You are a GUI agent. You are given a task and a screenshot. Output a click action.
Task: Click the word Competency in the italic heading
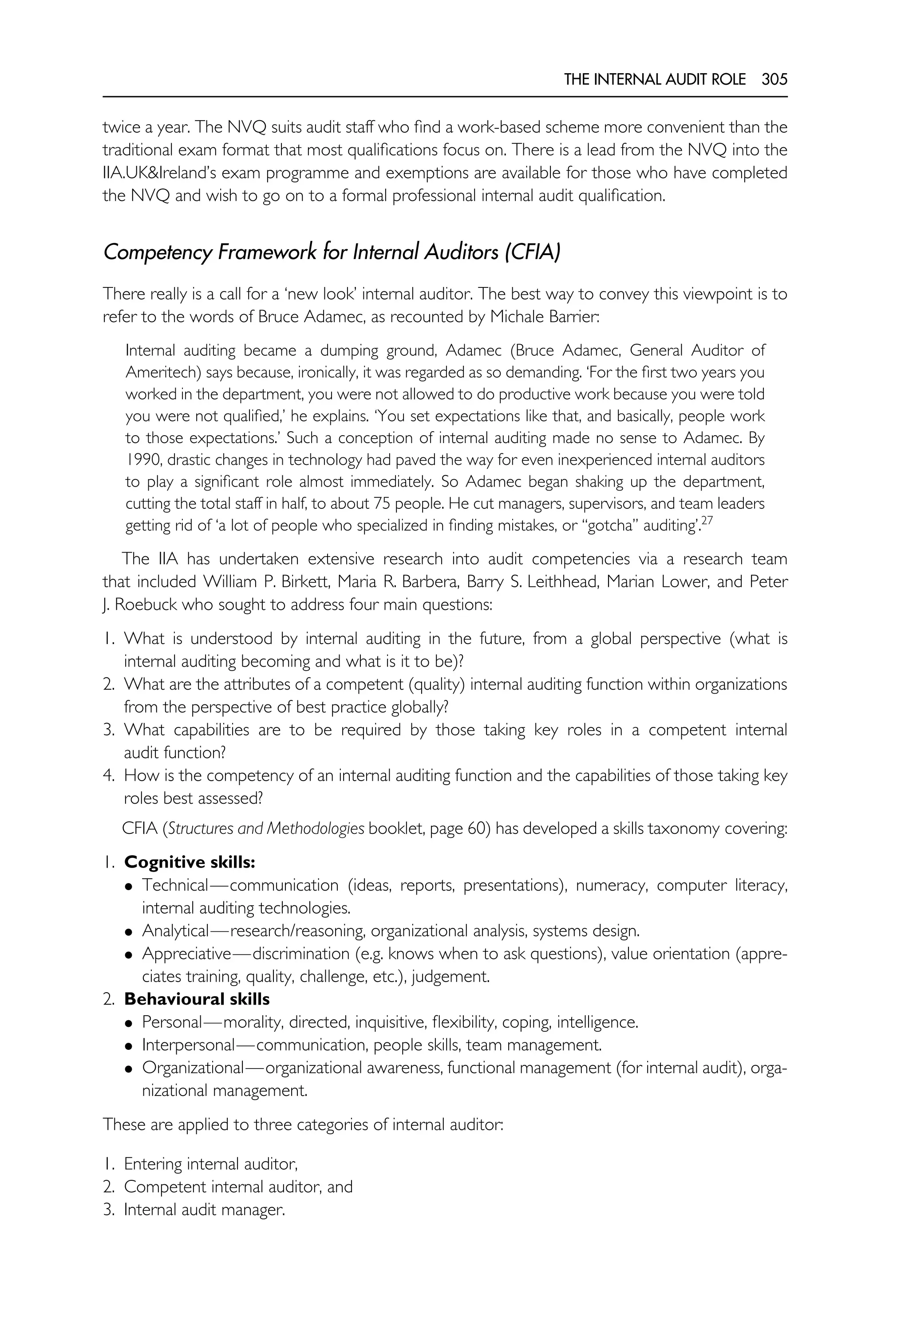pyautogui.click(x=157, y=252)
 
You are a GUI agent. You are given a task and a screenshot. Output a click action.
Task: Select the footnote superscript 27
pyautogui.click(x=706, y=520)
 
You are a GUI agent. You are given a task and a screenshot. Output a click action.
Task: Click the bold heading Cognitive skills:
pyautogui.click(x=190, y=862)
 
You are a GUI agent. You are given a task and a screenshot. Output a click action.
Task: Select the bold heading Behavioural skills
pyautogui.click(x=197, y=999)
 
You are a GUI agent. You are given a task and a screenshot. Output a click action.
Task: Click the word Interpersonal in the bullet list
pyautogui.click(x=188, y=1045)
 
